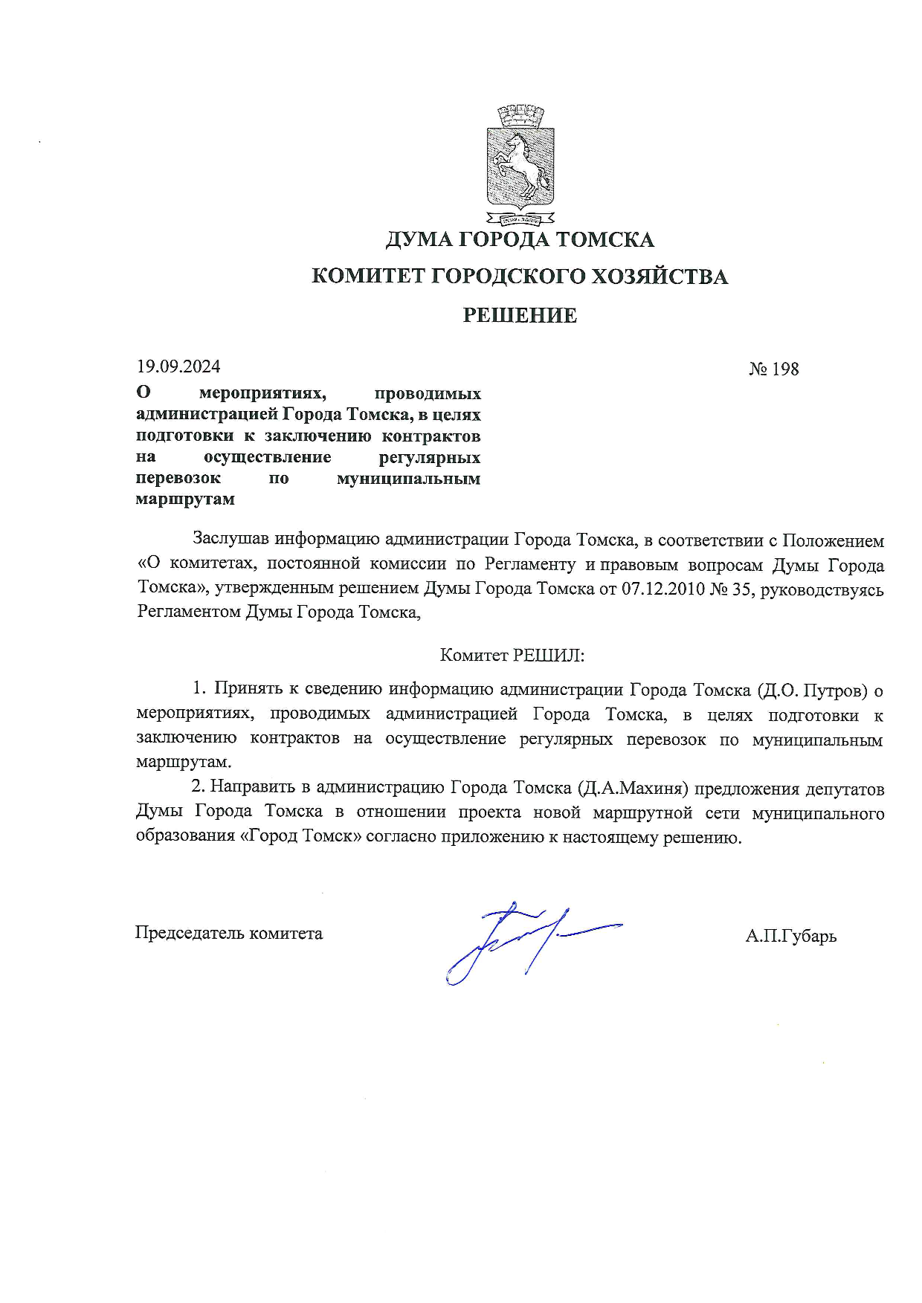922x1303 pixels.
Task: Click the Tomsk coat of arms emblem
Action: tap(520, 164)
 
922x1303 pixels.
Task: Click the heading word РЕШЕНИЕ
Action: tap(520, 315)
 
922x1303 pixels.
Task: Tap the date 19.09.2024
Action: tap(178, 366)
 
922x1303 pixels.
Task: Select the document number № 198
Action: tap(773, 369)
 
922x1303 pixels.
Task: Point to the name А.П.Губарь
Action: tap(790, 936)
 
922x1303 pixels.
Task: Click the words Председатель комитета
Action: tap(229, 934)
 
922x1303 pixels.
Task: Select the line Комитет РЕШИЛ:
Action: tap(512, 655)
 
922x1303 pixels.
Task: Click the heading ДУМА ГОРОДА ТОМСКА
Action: tap(520, 239)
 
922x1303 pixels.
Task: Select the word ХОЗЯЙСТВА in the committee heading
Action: tap(658, 277)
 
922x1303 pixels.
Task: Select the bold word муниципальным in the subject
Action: tap(408, 479)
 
